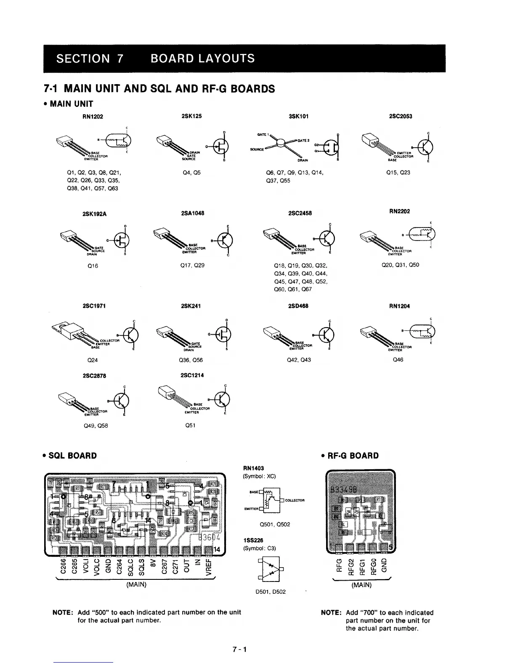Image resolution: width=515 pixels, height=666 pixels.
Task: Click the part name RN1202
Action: pos(93,116)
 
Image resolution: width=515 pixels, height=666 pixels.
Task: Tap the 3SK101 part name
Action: pos(299,116)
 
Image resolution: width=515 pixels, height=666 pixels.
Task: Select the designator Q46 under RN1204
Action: pos(398,360)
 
